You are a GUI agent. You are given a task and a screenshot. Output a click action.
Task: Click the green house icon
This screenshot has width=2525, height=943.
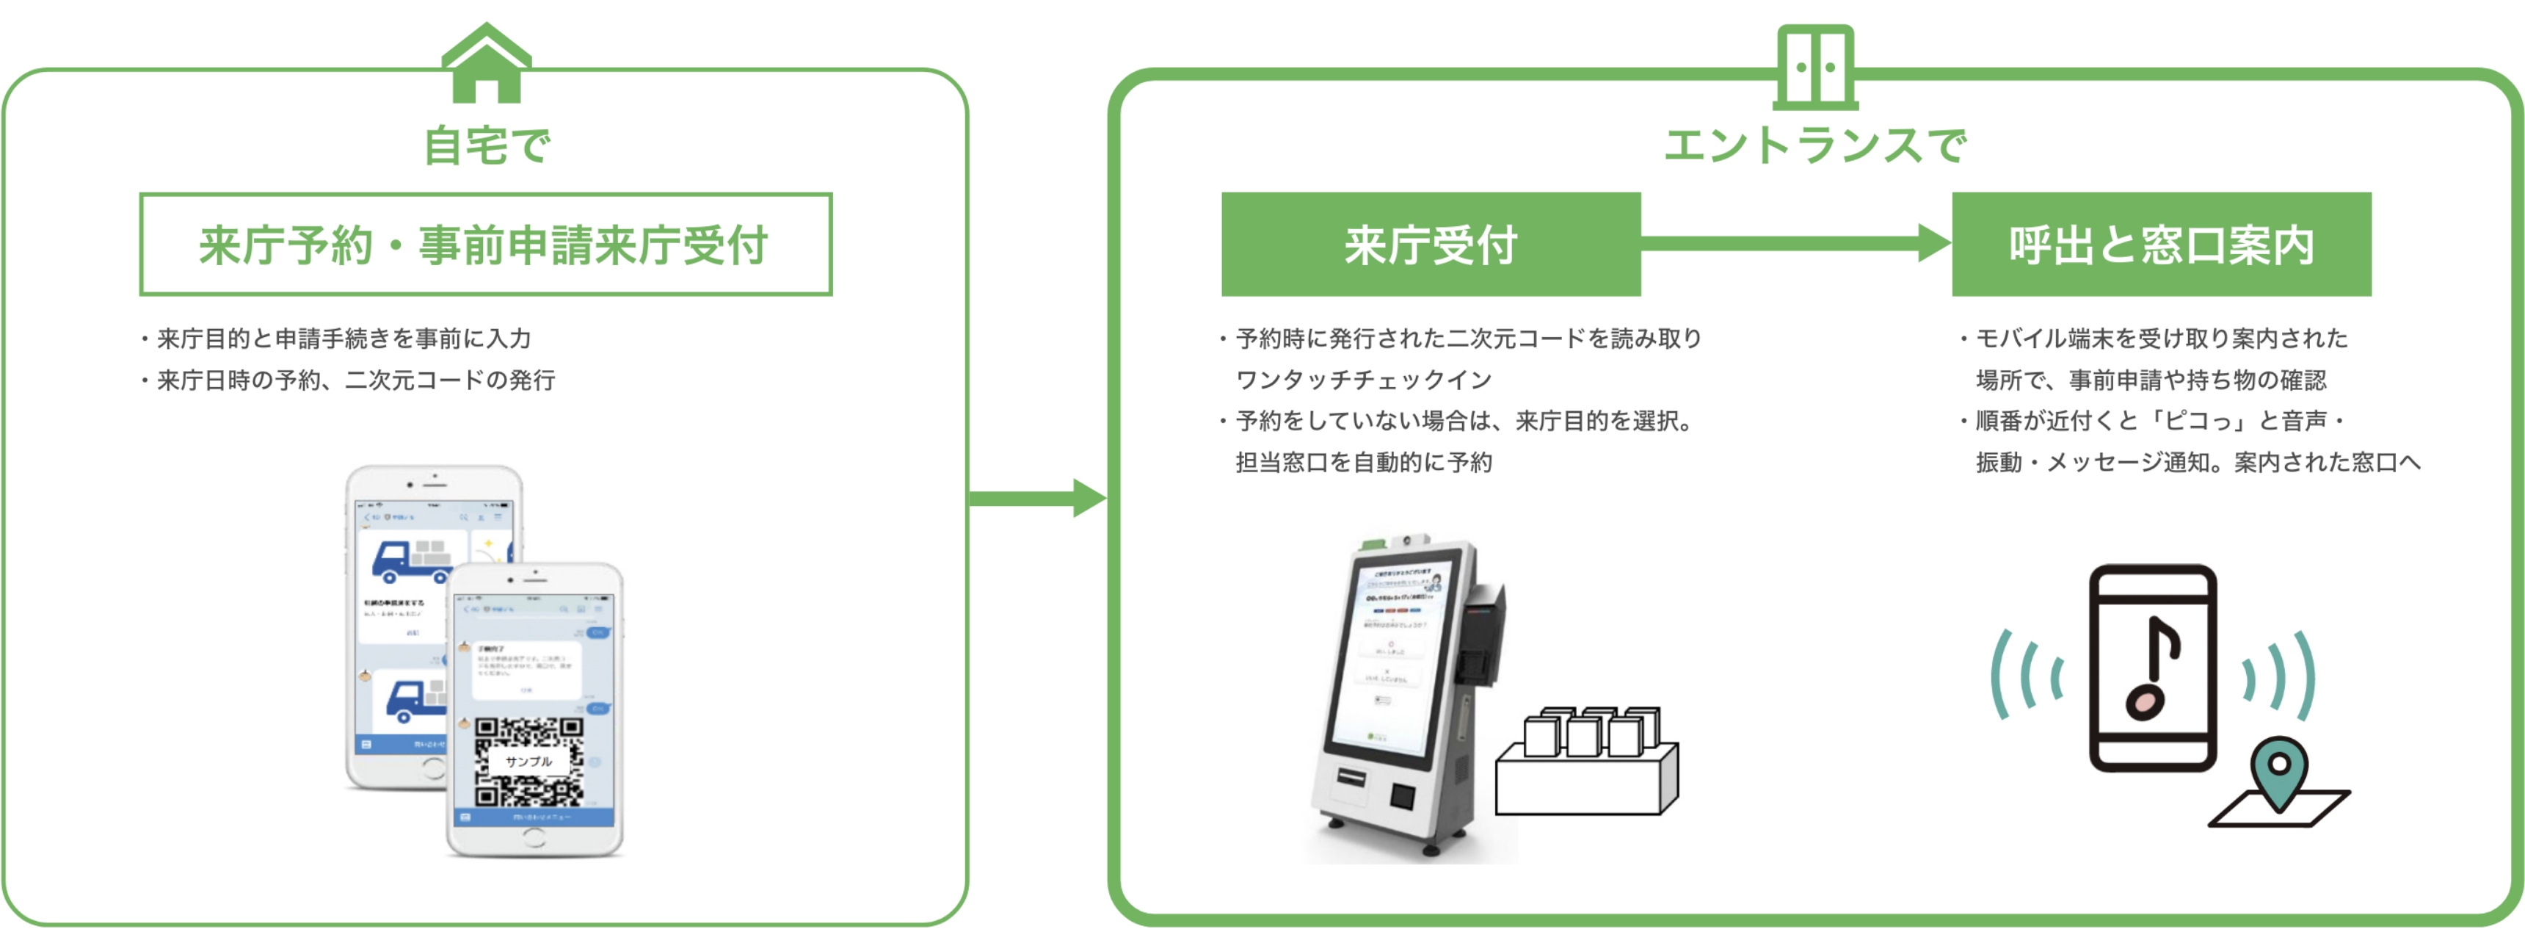click(x=486, y=64)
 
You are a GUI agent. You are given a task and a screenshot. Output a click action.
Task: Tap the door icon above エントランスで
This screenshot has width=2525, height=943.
click(x=1814, y=67)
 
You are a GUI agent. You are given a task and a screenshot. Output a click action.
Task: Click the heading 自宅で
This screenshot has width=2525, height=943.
click(x=486, y=146)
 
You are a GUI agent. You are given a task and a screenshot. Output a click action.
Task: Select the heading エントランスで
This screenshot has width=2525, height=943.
click(x=1814, y=146)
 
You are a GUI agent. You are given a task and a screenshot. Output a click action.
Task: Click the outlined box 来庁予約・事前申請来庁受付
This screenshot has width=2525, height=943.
click(x=485, y=244)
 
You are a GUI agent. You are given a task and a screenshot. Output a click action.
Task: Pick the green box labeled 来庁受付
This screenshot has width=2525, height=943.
click(x=1430, y=244)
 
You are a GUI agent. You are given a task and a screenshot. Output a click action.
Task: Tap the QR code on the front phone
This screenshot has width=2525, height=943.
click(x=528, y=761)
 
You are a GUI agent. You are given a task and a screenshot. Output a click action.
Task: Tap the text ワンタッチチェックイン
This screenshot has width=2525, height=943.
click(x=1362, y=380)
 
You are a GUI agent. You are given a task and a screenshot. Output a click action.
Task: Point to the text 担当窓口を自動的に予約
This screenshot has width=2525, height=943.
click(x=1362, y=463)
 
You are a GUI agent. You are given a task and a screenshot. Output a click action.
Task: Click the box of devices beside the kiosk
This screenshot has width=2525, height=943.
click(x=1586, y=762)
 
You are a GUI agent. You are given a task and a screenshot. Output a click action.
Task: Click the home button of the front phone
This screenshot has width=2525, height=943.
click(x=534, y=837)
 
